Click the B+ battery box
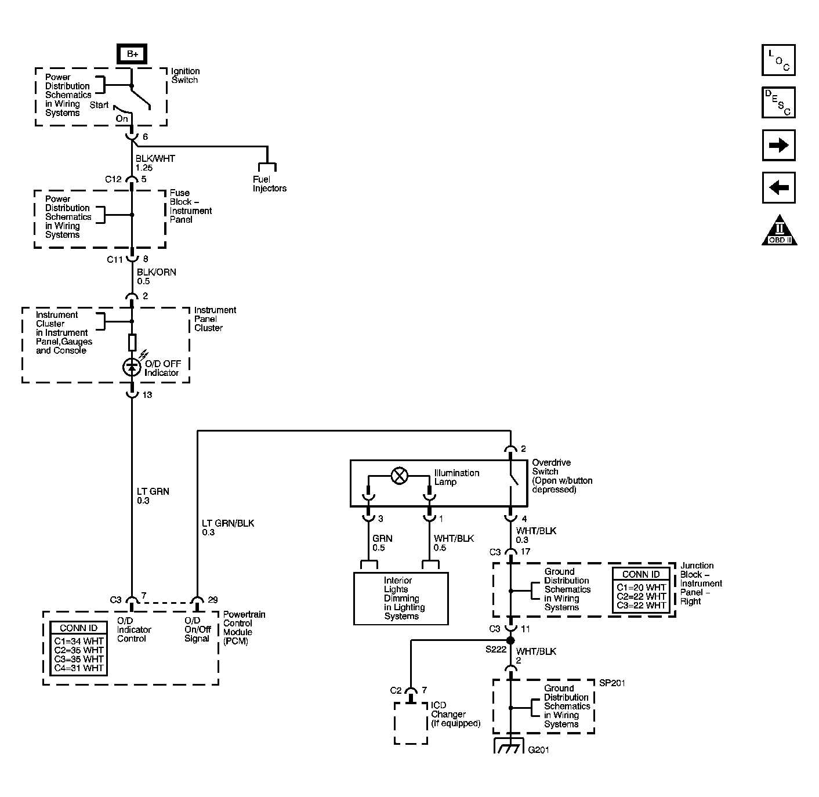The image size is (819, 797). coord(132,54)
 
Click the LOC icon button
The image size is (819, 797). coord(778,59)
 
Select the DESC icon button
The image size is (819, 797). coord(778,102)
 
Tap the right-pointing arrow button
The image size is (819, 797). coord(778,145)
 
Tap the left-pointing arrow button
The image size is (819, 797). coord(778,188)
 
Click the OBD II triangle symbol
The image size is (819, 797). coord(779,231)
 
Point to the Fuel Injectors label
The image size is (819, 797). coord(269,184)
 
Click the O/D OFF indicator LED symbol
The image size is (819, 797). coord(132,367)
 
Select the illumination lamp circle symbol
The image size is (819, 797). coord(399,476)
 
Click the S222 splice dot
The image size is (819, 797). coord(510,640)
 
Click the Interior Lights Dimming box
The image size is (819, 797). coord(401,598)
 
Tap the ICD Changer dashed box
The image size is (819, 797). coord(411,723)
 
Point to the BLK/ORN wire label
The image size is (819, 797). coord(156,272)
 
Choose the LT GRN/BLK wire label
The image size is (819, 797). coord(228,523)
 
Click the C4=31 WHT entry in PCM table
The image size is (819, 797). coord(79,668)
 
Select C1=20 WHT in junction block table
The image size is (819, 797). coord(641,587)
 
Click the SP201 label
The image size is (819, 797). coord(612,683)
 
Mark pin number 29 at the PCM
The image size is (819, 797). coord(212,599)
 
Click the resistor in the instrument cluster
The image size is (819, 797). coord(132,342)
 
